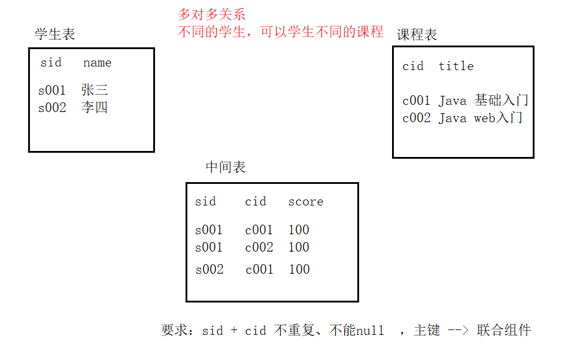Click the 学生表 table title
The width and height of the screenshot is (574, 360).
[55, 34]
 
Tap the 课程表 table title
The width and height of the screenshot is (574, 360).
[417, 35]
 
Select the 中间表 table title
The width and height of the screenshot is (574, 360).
[226, 167]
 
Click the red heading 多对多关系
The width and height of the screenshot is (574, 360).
[212, 15]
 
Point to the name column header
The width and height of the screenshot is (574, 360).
[97, 63]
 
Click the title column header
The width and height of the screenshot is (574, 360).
[456, 66]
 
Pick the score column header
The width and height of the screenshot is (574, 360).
[306, 202]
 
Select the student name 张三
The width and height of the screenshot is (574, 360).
[95, 90]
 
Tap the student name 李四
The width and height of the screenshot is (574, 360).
[95, 108]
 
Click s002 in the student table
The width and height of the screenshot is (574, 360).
[52, 108]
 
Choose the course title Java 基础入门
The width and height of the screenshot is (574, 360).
[484, 101]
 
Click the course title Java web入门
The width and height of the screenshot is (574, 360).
[481, 118]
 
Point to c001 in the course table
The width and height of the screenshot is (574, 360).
[417, 101]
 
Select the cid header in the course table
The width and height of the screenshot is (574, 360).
[413, 66]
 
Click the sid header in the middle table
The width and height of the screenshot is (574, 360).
[205, 202]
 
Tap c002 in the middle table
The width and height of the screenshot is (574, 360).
[259, 247]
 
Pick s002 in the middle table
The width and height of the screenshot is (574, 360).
[209, 270]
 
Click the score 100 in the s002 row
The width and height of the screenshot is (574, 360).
[299, 270]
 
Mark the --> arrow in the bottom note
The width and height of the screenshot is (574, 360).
[458, 330]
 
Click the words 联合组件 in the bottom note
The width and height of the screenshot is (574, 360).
[504, 330]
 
